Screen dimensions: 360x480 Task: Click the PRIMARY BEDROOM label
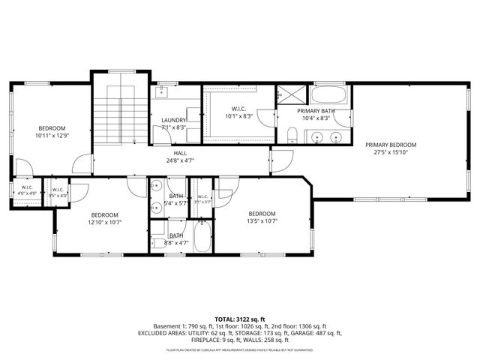390,145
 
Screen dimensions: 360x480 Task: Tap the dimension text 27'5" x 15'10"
390,152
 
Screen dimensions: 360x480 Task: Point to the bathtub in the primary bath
329,95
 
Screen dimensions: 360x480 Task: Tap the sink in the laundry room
162,93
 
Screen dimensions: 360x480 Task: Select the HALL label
180,152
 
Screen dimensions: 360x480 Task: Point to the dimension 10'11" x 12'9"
52,136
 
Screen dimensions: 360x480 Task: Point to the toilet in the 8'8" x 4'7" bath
157,241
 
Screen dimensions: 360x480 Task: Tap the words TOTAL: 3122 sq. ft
239,319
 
